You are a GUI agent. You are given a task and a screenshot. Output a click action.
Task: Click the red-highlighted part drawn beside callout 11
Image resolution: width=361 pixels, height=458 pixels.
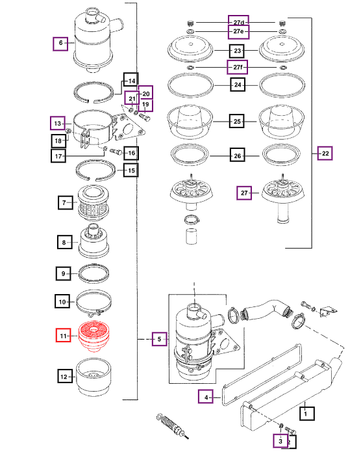pyautogui.click(x=94, y=336)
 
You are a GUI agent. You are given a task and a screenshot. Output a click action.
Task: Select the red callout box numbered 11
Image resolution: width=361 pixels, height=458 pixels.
pyautogui.click(x=63, y=335)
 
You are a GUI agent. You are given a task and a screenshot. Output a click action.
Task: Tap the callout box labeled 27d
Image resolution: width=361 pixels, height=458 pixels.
pyautogui.click(x=238, y=23)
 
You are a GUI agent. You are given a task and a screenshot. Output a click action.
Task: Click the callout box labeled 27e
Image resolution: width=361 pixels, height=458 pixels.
pyautogui.click(x=238, y=31)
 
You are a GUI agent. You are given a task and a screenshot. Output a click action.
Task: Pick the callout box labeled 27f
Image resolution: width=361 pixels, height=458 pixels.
pyautogui.click(x=238, y=67)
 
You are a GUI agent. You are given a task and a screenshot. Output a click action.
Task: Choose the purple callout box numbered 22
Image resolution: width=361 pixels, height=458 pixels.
pyautogui.click(x=325, y=154)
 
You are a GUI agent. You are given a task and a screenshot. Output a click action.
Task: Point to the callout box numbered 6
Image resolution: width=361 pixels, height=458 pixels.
pyautogui.click(x=60, y=44)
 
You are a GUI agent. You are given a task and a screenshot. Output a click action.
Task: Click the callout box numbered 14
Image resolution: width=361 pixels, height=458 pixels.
pyautogui.click(x=131, y=80)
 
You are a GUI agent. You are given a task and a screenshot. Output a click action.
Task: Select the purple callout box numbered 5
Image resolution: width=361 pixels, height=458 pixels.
pyautogui.click(x=160, y=339)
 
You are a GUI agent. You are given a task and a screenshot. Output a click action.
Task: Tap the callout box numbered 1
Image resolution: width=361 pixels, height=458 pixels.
pyautogui.click(x=307, y=413)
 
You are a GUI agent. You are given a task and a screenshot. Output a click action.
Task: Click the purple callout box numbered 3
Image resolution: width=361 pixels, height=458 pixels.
pyautogui.click(x=280, y=441)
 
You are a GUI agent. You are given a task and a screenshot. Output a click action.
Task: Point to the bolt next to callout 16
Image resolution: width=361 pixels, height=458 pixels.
pyautogui.click(x=117, y=152)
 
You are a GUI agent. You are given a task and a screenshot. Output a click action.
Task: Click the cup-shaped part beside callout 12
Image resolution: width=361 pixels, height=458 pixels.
pyautogui.click(x=93, y=377)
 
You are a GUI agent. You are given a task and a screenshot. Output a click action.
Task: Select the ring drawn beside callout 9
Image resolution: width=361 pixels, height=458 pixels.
pyautogui.click(x=94, y=273)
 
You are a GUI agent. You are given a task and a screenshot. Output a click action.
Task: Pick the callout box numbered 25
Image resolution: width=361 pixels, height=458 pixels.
pyautogui.click(x=237, y=122)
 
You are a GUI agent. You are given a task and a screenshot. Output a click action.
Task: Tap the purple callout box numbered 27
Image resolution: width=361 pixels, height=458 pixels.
pyautogui.click(x=244, y=193)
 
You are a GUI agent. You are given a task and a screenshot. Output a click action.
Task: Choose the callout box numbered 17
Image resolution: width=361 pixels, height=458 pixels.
pyautogui.click(x=58, y=155)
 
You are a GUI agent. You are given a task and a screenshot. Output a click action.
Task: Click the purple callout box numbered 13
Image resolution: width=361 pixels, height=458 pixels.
pyautogui.click(x=57, y=123)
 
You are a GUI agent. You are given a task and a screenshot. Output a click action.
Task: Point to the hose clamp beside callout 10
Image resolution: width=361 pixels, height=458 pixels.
pyautogui.click(x=94, y=303)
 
